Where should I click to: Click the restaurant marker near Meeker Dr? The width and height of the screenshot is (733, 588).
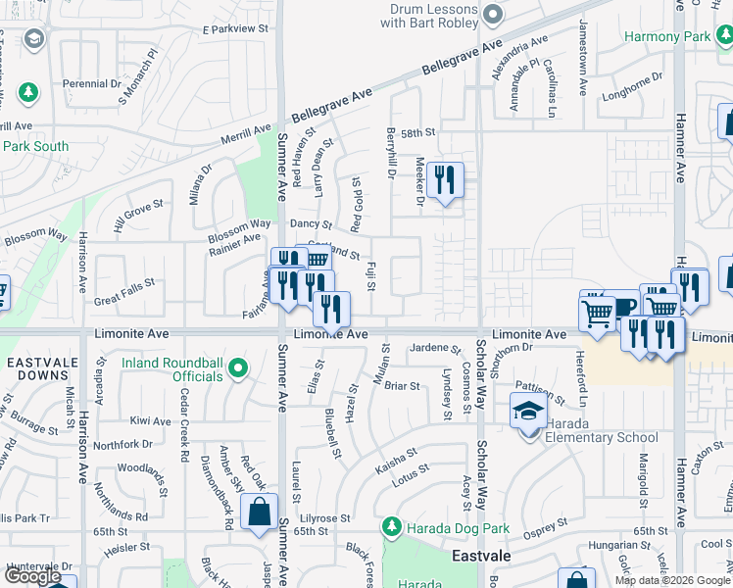tap(445, 181)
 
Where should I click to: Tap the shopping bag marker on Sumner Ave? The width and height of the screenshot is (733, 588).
tap(258, 514)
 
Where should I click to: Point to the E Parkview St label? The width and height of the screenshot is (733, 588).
tap(234, 30)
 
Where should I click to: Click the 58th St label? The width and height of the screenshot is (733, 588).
tap(416, 132)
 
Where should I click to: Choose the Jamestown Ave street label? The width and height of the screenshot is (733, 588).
tap(583, 56)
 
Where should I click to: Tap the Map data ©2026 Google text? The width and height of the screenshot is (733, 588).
tap(671, 580)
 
